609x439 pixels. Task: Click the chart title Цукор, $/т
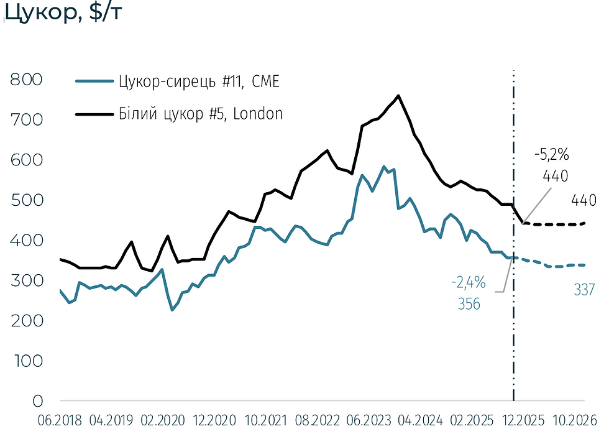click(x=59, y=13)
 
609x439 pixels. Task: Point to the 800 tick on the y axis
click(x=25, y=80)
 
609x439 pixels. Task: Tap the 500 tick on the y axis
click(x=25, y=200)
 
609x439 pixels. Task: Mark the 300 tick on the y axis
click(x=25, y=280)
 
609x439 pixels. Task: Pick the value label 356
click(x=468, y=305)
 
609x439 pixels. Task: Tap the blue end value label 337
click(x=585, y=290)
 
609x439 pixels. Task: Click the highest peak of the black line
click(x=398, y=96)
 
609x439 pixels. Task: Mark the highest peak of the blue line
click(x=383, y=167)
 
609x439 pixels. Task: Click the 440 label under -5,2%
click(x=555, y=177)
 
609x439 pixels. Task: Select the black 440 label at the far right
click(x=584, y=200)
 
